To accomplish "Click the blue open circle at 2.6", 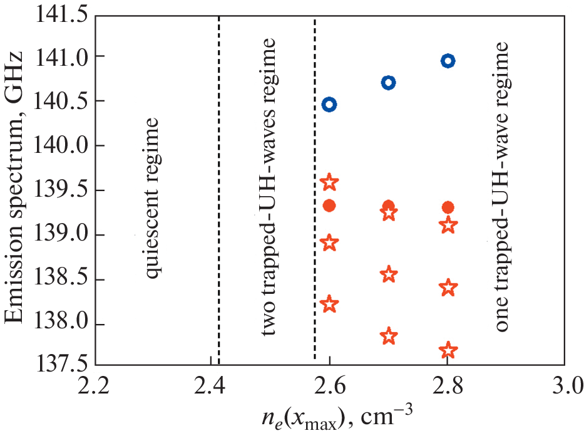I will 329,104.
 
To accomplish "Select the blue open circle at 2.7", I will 389,83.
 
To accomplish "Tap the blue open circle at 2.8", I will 448,61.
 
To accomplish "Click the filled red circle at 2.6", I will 329,206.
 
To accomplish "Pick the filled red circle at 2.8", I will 448,207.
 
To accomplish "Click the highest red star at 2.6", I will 329,182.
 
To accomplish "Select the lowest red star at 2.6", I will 329,304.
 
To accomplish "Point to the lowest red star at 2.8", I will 448,350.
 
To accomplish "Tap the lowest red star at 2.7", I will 389,336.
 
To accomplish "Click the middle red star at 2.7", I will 389,274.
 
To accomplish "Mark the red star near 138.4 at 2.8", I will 448,288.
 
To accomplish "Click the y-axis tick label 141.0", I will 58,57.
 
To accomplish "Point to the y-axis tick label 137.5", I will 58,365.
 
